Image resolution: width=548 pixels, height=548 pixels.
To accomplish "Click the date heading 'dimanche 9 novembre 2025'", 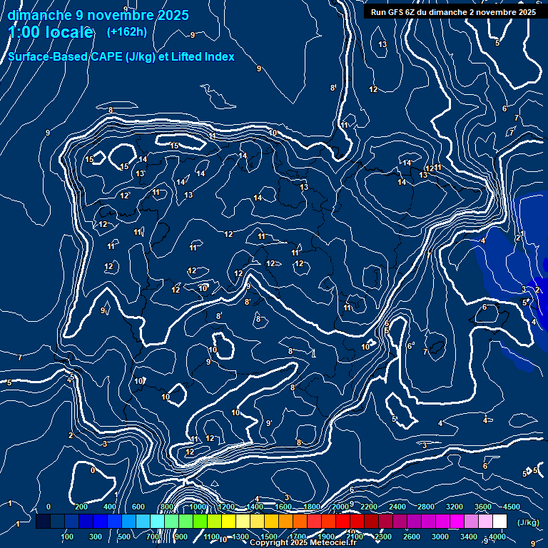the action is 98,15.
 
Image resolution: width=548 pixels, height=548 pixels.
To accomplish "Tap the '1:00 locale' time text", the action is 51,32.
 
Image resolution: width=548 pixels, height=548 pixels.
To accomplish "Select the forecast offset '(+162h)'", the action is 126,31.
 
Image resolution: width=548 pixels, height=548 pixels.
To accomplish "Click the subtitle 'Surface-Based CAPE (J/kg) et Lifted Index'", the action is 121,56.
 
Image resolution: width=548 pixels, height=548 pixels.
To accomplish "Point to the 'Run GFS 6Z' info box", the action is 452,11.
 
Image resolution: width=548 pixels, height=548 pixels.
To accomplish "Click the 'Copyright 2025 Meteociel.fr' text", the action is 303,543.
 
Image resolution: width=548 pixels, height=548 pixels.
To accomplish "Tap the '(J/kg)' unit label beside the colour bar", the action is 527,522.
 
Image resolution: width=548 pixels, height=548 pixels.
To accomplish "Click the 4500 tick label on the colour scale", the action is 512,507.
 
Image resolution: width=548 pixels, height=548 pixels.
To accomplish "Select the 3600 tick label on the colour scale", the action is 483,507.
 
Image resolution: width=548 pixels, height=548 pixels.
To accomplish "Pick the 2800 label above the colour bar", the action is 426,507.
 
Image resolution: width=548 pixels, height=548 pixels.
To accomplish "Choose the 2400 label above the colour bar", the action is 397,507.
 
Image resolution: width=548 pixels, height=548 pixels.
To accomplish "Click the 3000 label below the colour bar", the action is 440,537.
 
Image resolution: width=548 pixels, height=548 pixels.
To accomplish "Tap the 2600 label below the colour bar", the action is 412,537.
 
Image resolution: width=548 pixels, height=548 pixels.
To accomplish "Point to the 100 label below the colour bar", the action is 68,537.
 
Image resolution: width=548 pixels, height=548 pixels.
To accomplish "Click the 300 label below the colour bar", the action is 96,537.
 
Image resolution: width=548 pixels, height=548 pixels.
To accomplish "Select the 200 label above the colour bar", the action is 81,507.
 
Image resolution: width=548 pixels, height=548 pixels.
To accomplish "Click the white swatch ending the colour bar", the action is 499,522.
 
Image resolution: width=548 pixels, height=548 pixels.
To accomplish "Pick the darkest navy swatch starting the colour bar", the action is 43,522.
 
